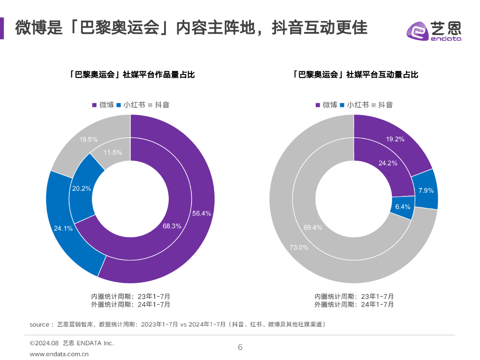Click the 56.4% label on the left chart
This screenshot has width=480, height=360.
[x=202, y=213]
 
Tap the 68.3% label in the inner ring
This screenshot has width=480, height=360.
[x=172, y=225]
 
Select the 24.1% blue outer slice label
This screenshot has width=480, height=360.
[x=63, y=229]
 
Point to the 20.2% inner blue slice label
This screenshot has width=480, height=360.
[x=82, y=188]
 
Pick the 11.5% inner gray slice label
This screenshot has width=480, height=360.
[x=112, y=152]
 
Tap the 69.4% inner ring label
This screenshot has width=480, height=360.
[x=313, y=227]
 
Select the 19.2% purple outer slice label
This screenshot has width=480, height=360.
[x=395, y=139]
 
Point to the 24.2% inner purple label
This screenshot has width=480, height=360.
[x=388, y=163]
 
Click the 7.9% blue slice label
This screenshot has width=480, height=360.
[x=426, y=190]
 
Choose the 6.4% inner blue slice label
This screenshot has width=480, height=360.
[x=403, y=207]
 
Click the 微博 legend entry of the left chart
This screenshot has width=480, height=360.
[x=103, y=105]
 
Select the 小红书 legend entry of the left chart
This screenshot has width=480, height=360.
[x=131, y=105]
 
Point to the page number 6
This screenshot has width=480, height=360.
[x=240, y=347]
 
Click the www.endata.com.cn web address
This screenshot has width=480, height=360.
[x=59, y=354]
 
